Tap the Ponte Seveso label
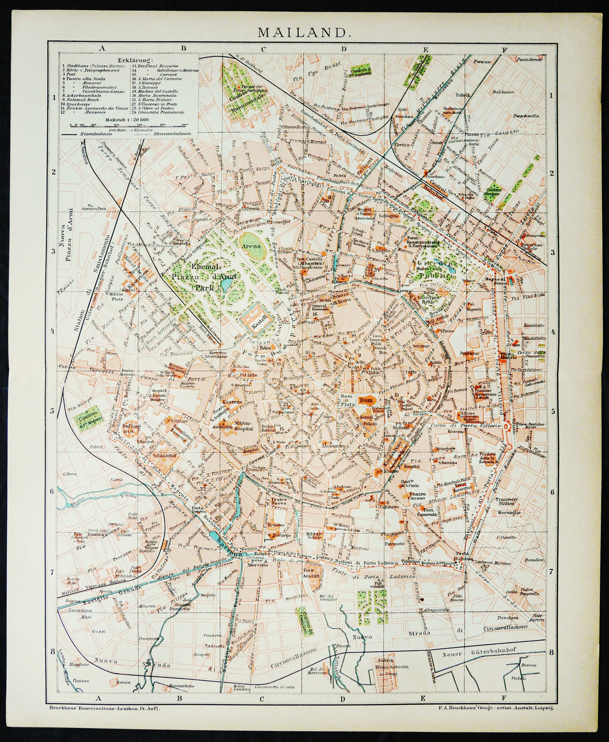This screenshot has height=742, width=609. (530, 60)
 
